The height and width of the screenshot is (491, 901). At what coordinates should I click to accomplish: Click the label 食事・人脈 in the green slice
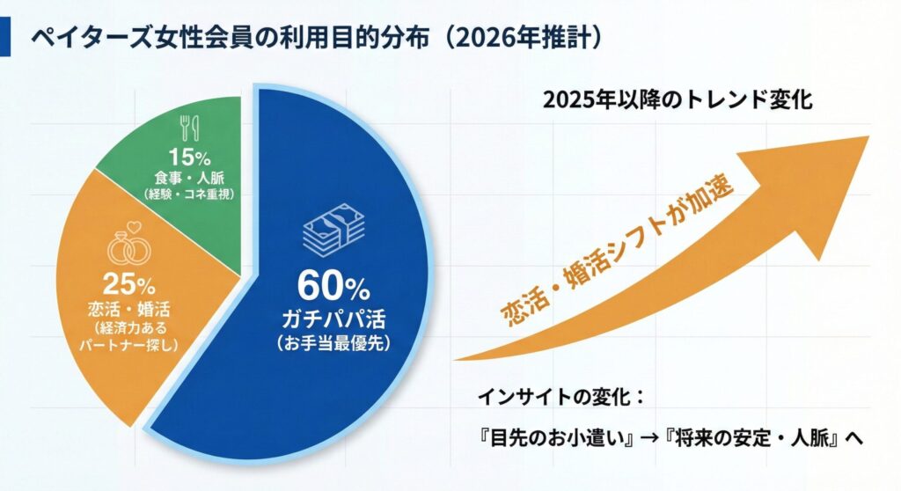coord(190,179)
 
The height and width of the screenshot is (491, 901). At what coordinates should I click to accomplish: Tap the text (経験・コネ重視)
coord(190,194)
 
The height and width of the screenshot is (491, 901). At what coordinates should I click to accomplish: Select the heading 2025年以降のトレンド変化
coord(678,99)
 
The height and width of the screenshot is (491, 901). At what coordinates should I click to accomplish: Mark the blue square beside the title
coord(6,39)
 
